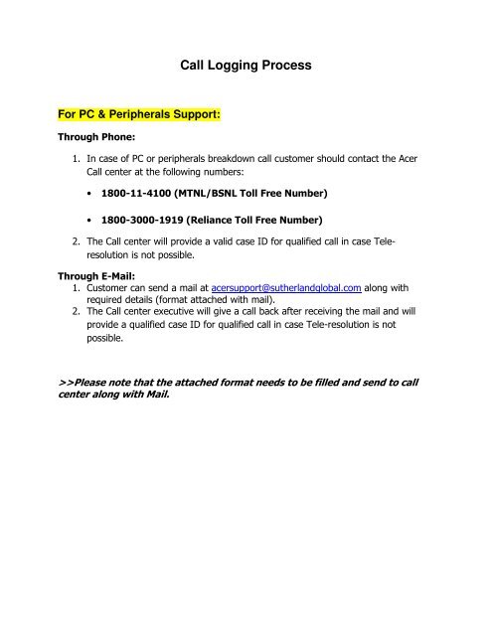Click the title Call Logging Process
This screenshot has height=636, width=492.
pyautogui.click(x=246, y=67)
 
